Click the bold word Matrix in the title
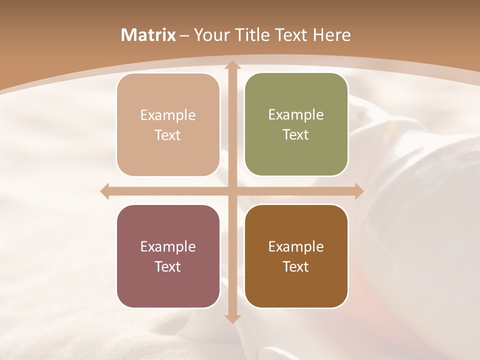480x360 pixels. (148, 35)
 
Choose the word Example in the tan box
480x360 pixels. (168, 115)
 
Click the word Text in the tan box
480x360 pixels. (168, 135)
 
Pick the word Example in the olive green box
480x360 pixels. (296, 115)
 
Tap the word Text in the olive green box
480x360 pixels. (296, 134)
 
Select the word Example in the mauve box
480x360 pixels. (168, 247)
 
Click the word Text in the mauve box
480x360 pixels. (168, 266)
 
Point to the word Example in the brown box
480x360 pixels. (296, 247)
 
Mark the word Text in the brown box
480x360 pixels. (296, 266)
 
